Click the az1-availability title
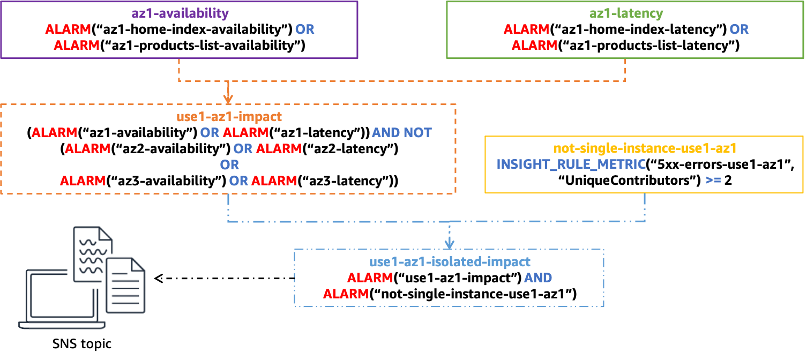pyautogui.click(x=180, y=13)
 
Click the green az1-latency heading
pyautogui.click(x=626, y=13)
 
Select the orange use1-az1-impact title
pyautogui.click(x=229, y=116)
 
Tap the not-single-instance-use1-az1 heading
pyautogui.click(x=645, y=148)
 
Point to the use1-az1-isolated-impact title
pyautogui.click(x=450, y=261)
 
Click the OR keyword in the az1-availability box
pyautogui.click(x=304, y=29)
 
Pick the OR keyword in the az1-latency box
pyautogui.click(x=738, y=29)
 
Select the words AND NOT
pyautogui.click(x=401, y=132)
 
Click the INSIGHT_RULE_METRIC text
pyautogui.click(x=571, y=164)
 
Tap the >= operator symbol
pyautogui.click(x=713, y=181)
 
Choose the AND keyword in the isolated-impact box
pyautogui.click(x=538, y=277)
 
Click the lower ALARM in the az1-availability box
pyautogui.click(x=77, y=46)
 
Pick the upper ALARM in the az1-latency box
pyautogui.click(x=526, y=29)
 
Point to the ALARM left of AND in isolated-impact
pyautogui.click(x=370, y=277)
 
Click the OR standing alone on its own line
pyautogui.click(x=229, y=164)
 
